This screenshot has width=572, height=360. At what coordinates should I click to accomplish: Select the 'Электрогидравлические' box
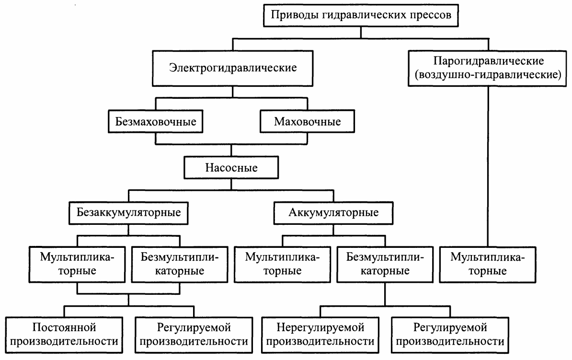click(x=232, y=67)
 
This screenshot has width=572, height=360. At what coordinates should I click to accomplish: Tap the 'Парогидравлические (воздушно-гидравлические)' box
click(x=488, y=69)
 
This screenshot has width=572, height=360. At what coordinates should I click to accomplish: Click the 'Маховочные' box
click(x=308, y=121)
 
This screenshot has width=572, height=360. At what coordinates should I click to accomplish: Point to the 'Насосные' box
click(x=231, y=168)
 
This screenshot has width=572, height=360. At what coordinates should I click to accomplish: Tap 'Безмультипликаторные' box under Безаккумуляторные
click(x=180, y=265)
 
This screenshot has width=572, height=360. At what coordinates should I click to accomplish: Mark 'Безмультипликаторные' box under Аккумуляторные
click(x=385, y=265)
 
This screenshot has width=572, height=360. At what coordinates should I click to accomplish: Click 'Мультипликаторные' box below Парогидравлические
click(x=488, y=265)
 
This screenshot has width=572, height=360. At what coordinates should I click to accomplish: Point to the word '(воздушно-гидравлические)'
click(x=488, y=75)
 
